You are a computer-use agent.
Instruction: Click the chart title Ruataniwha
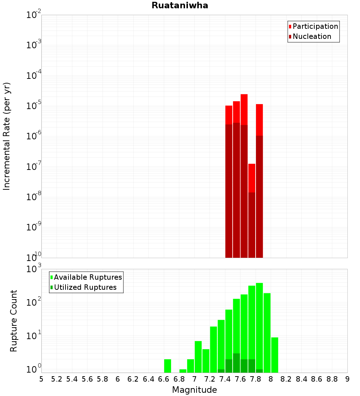pos(180,6)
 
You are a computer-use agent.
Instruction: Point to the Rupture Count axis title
pos(14,320)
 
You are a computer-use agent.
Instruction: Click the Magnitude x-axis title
pos(194,390)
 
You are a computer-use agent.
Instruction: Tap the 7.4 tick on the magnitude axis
pos(225,379)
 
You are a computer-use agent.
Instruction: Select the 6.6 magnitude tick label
pos(164,379)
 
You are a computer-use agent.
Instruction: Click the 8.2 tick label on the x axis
pos(286,379)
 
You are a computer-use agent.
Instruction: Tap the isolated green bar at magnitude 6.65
pos(167,366)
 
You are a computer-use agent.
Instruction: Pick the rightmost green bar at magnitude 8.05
pos(275,355)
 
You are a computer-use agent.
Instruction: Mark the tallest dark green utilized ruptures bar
pos(237,363)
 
